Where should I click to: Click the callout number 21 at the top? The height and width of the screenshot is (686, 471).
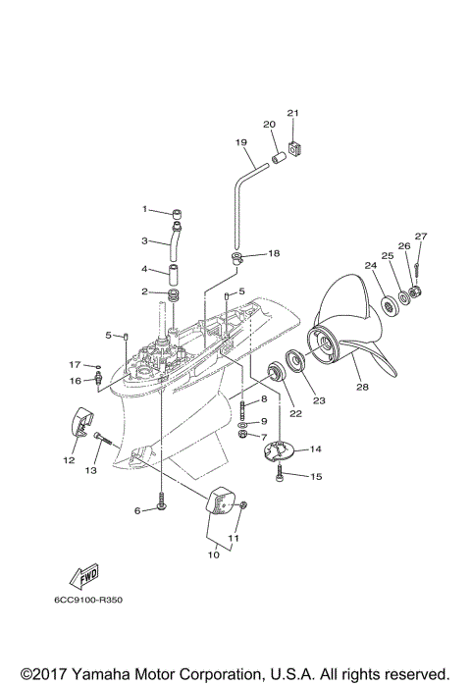pos(291,113)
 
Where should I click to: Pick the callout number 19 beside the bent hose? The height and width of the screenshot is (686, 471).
pos(240,143)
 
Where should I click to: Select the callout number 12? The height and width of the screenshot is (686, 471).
pos(70,459)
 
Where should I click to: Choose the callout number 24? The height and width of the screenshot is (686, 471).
pos(370,265)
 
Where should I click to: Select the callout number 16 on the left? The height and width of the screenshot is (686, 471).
pos(74,380)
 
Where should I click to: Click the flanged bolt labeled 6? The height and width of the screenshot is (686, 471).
pos(160,507)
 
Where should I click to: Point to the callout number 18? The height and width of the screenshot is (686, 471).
pos(273,253)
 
